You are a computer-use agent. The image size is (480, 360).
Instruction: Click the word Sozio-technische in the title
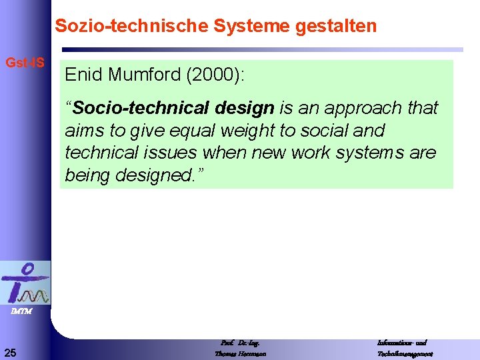pos(132,26)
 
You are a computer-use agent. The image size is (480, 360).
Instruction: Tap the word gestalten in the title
pos(340,26)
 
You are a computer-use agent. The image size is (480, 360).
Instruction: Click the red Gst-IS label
pos(25,63)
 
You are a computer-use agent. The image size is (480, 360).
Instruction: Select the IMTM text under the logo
pos(21,311)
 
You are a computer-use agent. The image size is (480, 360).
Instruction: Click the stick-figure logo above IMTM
pos(25,283)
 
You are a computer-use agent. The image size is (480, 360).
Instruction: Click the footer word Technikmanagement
pos(405,353)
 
